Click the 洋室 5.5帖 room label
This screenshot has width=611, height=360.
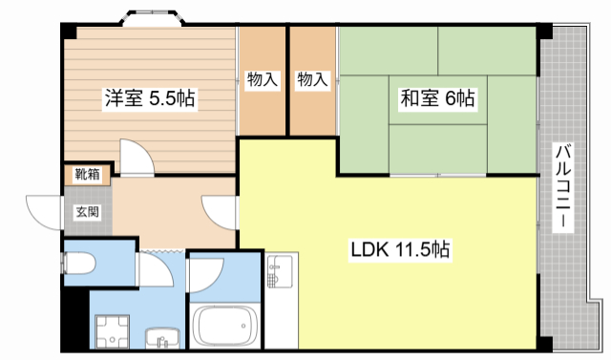point(150,98)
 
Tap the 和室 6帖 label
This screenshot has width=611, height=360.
point(436,97)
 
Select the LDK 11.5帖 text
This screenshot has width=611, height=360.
point(400,250)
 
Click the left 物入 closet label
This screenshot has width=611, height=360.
point(262,80)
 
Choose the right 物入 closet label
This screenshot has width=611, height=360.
point(312,80)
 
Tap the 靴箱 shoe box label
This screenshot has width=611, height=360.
point(86,175)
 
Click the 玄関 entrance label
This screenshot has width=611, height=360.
point(87,213)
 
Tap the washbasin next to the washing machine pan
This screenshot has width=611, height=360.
point(163,338)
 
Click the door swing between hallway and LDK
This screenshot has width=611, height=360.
point(219,212)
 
